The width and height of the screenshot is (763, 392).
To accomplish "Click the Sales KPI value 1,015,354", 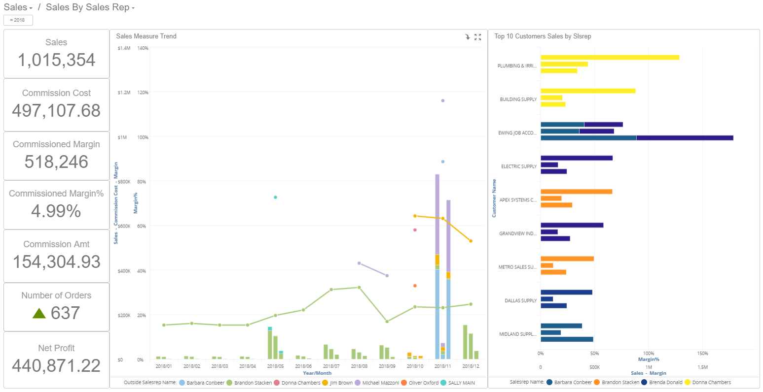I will pyautogui.click(x=56, y=60).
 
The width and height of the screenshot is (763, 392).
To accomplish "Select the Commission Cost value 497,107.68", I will pyautogui.click(x=56, y=111).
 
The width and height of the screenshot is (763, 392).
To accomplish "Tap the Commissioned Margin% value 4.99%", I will pyautogui.click(x=56, y=211).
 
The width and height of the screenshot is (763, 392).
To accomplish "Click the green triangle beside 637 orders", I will pyautogui.click(x=39, y=313).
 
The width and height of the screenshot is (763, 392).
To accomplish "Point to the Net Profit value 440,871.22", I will pyautogui.click(x=56, y=366).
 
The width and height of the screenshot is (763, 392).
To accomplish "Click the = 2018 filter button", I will pyautogui.click(x=18, y=20).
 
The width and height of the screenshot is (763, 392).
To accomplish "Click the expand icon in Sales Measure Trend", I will pyautogui.click(x=477, y=37).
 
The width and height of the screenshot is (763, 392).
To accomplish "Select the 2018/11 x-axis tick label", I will pyautogui.click(x=443, y=366).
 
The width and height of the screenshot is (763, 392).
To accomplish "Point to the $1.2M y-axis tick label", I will pyautogui.click(x=124, y=93).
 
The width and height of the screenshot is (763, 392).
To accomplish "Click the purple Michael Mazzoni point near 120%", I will pyautogui.click(x=443, y=100).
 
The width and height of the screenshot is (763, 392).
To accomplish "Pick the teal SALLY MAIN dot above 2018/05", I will pyautogui.click(x=276, y=197).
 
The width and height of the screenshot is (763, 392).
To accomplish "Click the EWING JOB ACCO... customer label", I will pyautogui.click(x=517, y=133).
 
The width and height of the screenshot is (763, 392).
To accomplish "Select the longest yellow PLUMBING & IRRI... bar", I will pyautogui.click(x=610, y=57).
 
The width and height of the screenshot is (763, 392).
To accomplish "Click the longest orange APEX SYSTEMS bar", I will pyautogui.click(x=576, y=192).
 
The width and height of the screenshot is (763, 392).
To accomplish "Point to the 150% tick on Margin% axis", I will pyautogui.click(x=703, y=353).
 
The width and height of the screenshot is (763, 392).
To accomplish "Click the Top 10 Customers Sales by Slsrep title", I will pyautogui.click(x=543, y=36).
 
